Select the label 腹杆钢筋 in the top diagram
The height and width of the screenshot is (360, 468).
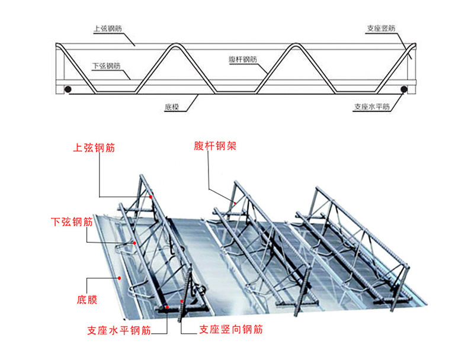[243, 59]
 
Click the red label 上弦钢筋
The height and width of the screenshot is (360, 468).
[94, 149]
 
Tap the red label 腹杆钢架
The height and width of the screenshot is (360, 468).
[215, 146]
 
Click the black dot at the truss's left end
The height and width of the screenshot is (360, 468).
[68, 89]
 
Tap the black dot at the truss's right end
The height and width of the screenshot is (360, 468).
[404, 89]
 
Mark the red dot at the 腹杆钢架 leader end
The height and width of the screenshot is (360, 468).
[235, 203]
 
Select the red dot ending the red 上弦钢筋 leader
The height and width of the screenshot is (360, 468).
[152, 196]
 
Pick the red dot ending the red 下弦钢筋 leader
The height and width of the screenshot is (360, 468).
[135, 243]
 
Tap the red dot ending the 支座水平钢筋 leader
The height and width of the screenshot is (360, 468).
[168, 306]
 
